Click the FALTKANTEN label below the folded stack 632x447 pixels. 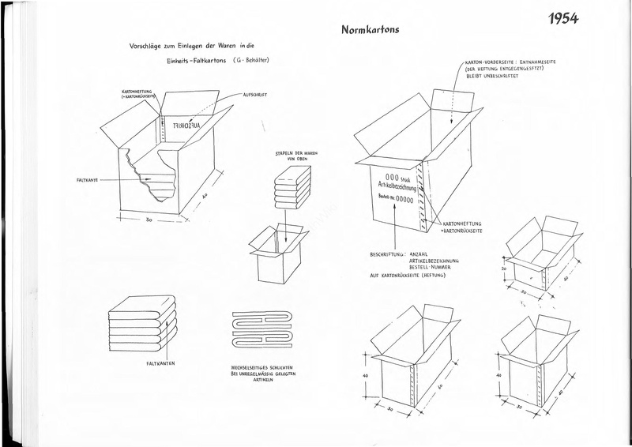[162, 363]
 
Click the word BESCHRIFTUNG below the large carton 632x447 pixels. [387, 254]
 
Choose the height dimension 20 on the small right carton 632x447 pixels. [505, 268]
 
